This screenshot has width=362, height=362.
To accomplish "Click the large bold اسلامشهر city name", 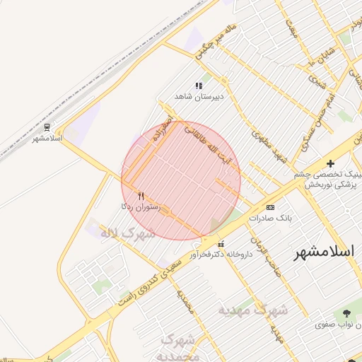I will [327, 251].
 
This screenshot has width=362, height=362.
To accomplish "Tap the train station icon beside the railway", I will [47, 127].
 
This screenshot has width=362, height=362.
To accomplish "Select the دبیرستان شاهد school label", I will [199, 96].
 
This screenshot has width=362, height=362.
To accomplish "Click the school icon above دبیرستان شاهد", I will [199, 86].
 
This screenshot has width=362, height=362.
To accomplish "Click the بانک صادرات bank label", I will [269, 218].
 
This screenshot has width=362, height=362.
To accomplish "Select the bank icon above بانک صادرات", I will [270, 207].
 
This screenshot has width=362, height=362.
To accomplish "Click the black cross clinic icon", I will [330, 163].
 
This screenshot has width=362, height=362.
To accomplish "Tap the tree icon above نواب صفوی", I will [346, 313].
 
